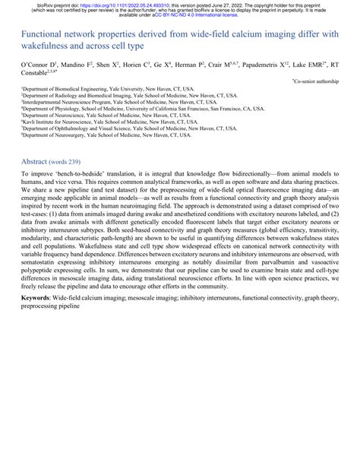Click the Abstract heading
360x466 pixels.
[x=34, y=162]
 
